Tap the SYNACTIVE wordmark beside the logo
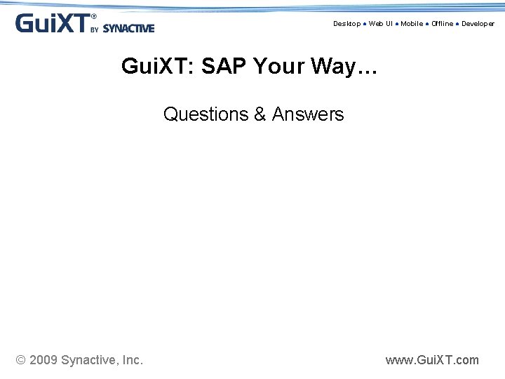point(128,29)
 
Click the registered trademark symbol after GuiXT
point(94,16)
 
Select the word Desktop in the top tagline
point(346,24)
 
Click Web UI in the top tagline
point(381,24)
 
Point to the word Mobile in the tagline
point(412,24)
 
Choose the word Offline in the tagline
point(443,24)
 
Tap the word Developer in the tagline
point(478,24)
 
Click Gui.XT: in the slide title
point(159,67)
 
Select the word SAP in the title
point(224,67)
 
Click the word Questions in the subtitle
point(206,114)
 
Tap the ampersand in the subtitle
point(260,114)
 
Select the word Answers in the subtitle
point(308,114)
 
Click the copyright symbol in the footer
point(20,360)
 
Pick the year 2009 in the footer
point(43,360)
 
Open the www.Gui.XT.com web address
point(432,360)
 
